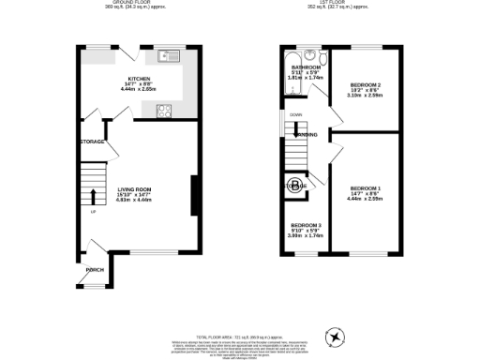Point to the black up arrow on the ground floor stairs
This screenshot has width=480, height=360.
93,195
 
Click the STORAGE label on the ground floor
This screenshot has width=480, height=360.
92,142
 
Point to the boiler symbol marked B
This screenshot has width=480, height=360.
293,184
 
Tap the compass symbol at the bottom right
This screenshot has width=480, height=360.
334,337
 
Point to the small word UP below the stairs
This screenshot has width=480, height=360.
93,211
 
